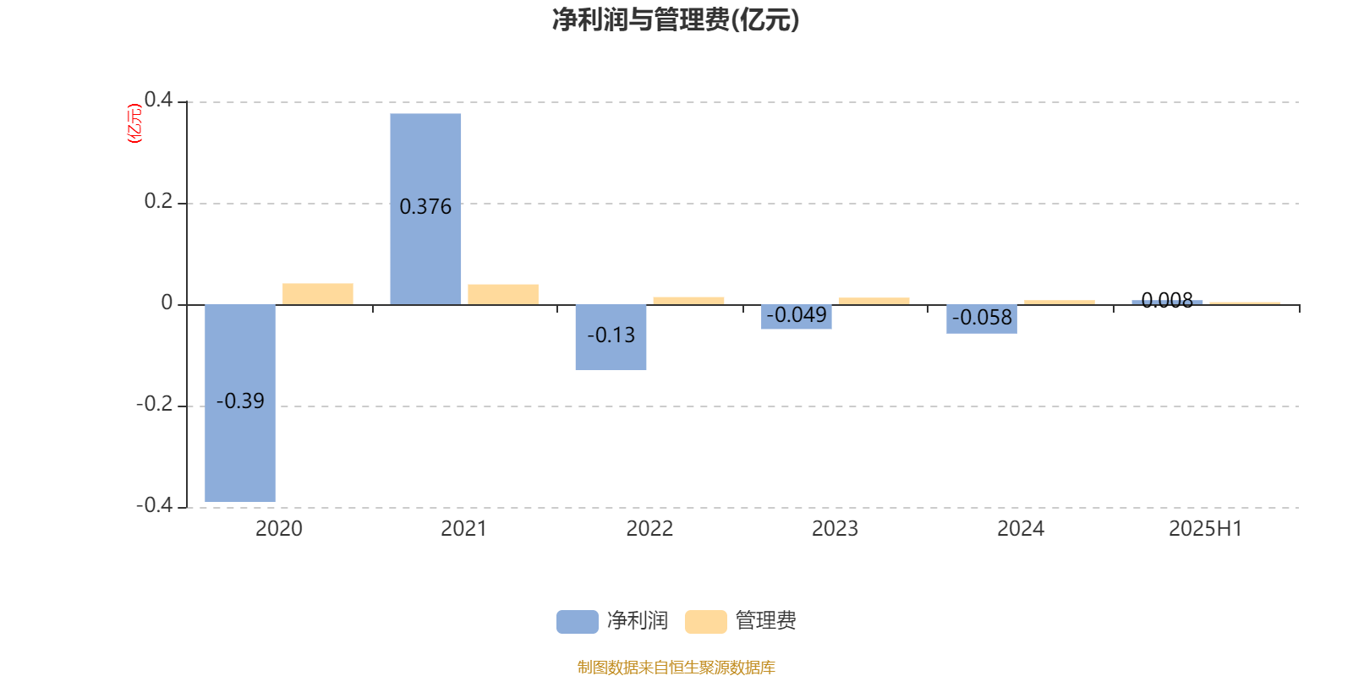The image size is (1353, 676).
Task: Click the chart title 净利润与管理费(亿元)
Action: pos(676,20)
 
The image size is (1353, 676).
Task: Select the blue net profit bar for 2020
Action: pos(240,403)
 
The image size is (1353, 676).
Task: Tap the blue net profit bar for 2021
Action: pos(425,209)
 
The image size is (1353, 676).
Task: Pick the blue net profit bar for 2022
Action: pos(611,337)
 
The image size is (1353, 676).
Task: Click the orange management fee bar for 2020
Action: pos(318,294)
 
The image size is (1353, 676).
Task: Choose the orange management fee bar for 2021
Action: pos(503,295)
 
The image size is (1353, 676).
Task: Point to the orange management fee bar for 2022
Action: pos(688,301)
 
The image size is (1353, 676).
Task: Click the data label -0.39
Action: pos(240,401)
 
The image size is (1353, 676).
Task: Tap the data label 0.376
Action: pos(425,206)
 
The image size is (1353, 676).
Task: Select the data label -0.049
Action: pos(796,314)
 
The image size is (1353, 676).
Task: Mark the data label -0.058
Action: pos(982,317)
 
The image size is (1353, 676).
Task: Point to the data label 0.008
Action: pos(1167,300)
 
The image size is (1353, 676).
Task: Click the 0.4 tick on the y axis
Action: pos(158,100)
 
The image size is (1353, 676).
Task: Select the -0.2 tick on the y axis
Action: pos(154,404)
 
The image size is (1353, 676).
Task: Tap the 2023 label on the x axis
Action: pos(835,529)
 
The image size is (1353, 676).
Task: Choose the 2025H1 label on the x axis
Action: pos(1206,529)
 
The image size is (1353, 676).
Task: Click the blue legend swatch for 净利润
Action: pos(578,622)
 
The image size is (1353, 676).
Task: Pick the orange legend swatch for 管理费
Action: pos(705,622)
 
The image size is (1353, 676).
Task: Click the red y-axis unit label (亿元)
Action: pos(134,123)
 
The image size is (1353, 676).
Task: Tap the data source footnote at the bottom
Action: pos(676,667)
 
